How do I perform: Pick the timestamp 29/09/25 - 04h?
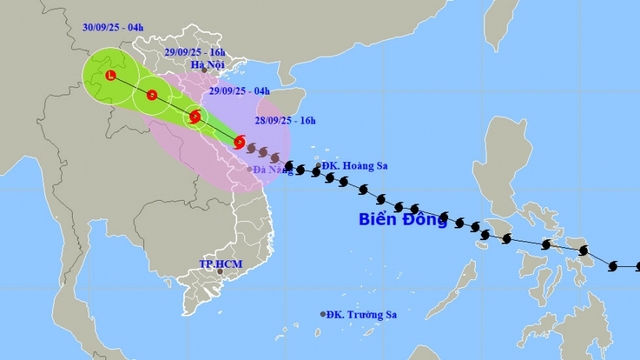click(x=233, y=91)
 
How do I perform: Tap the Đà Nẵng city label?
click(x=272, y=171)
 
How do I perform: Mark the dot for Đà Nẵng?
click(x=249, y=169)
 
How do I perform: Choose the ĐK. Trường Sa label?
click(x=362, y=314)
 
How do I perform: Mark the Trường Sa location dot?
click(x=323, y=314)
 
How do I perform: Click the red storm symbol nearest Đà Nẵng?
click(x=239, y=142)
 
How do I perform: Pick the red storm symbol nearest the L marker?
click(x=151, y=95)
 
